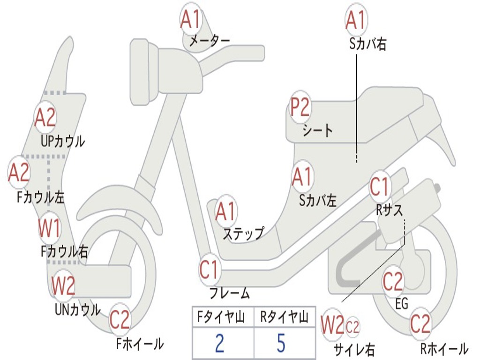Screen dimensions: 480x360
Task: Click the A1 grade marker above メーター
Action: [x=191, y=20]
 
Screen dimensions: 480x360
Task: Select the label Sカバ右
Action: [x=367, y=45]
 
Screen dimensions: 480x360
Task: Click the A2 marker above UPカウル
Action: [x=45, y=118]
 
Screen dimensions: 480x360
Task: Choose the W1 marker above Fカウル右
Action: [x=49, y=229]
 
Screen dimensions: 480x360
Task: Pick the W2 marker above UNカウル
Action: [x=63, y=286]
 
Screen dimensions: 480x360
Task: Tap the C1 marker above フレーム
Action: [x=210, y=270]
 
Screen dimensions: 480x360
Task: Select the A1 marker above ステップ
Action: [x=226, y=212]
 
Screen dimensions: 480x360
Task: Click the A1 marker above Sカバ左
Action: [x=302, y=178]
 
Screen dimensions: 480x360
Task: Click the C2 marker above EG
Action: [x=393, y=282]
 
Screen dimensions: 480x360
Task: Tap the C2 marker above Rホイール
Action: [x=420, y=324]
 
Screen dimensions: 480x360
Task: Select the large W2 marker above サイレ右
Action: [x=332, y=326]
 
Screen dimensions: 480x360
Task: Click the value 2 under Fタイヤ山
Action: [x=219, y=343]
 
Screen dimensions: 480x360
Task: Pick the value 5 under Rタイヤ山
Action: [x=281, y=343]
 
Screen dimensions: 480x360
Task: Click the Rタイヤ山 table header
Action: [x=284, y=318]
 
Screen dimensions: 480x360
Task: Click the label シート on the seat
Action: [x=317, y=130]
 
